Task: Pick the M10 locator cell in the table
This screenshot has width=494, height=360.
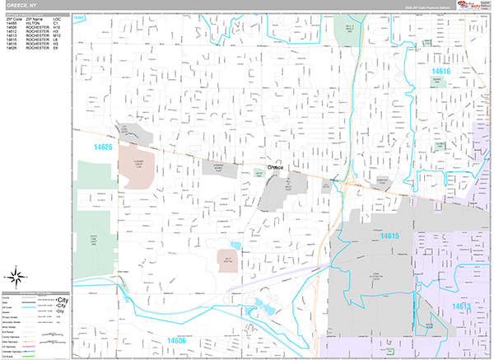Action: click(56, 37)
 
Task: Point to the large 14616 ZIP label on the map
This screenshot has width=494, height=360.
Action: click(441, 72)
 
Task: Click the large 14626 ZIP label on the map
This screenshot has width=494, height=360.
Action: click(103, 147)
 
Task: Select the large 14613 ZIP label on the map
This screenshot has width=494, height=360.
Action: click(461, 306)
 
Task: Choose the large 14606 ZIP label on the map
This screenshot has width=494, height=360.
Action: click(180, 339)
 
